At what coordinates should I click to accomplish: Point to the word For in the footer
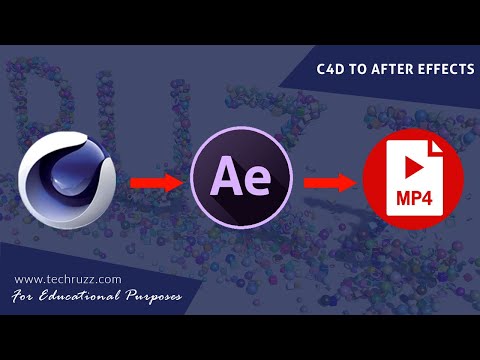point(29,298)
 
